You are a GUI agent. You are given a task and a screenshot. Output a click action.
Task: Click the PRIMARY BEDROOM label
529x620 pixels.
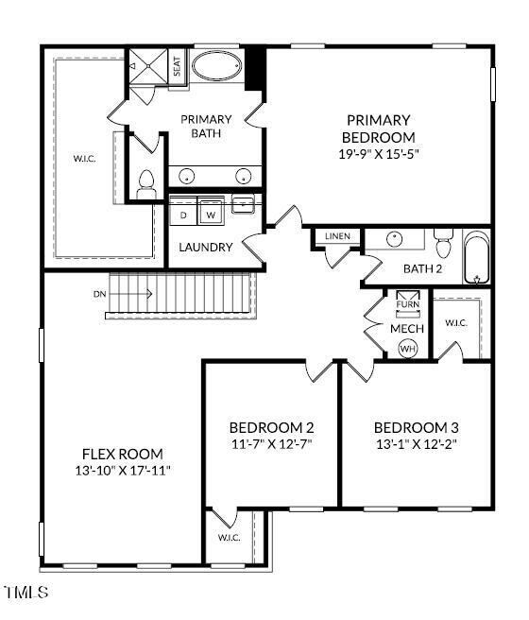click(x=378, y=129)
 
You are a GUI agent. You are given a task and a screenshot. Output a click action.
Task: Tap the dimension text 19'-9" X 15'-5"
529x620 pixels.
click(x=378, y=152)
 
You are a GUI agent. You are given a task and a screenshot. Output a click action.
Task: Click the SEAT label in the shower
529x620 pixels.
click(x=177, y=67)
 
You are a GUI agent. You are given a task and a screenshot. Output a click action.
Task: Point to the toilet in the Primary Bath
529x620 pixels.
click(x=145, y=183)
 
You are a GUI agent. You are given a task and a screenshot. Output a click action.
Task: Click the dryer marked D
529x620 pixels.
click(x=184, y=215)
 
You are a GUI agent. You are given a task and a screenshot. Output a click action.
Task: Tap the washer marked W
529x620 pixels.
click(x=211, y=215)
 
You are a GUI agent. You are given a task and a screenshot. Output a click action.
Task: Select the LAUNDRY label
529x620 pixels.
click(x=206, y=247)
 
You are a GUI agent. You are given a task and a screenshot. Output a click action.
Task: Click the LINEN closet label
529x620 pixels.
click(x=337, y=235)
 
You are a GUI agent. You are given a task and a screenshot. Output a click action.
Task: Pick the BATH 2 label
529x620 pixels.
click(x=422, y=268)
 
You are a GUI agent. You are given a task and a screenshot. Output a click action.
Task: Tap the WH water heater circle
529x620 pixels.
click(x=408, y=349)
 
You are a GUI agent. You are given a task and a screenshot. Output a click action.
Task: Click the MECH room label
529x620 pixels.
click(x=407, y=328)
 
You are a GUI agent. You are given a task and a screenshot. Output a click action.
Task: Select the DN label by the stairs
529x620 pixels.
click(x=100, y=294)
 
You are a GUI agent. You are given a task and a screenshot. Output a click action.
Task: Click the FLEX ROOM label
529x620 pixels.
click(x=123, y=454)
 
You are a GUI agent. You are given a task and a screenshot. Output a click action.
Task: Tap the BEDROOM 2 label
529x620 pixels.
click(x=272, y=426)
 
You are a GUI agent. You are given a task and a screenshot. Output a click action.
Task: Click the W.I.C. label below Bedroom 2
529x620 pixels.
click(x=230, y=538)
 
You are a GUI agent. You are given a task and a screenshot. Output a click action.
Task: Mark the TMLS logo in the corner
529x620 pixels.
click(x=26, y=593)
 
